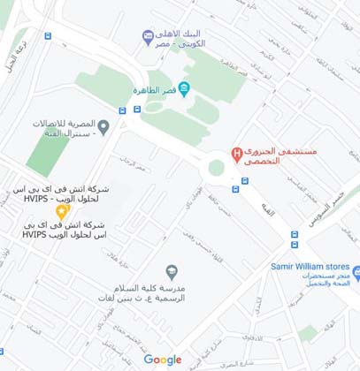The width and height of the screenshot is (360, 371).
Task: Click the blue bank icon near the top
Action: tap(148, 35)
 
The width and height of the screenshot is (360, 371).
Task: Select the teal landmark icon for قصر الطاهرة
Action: tap(183, 87)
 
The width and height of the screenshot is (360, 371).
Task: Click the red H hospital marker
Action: tap(236, 155)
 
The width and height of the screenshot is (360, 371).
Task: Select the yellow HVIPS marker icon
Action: tap(60, 211)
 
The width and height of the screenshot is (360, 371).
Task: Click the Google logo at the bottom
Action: tap(163, 360)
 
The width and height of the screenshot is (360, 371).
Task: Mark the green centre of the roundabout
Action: tap(216, 168)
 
